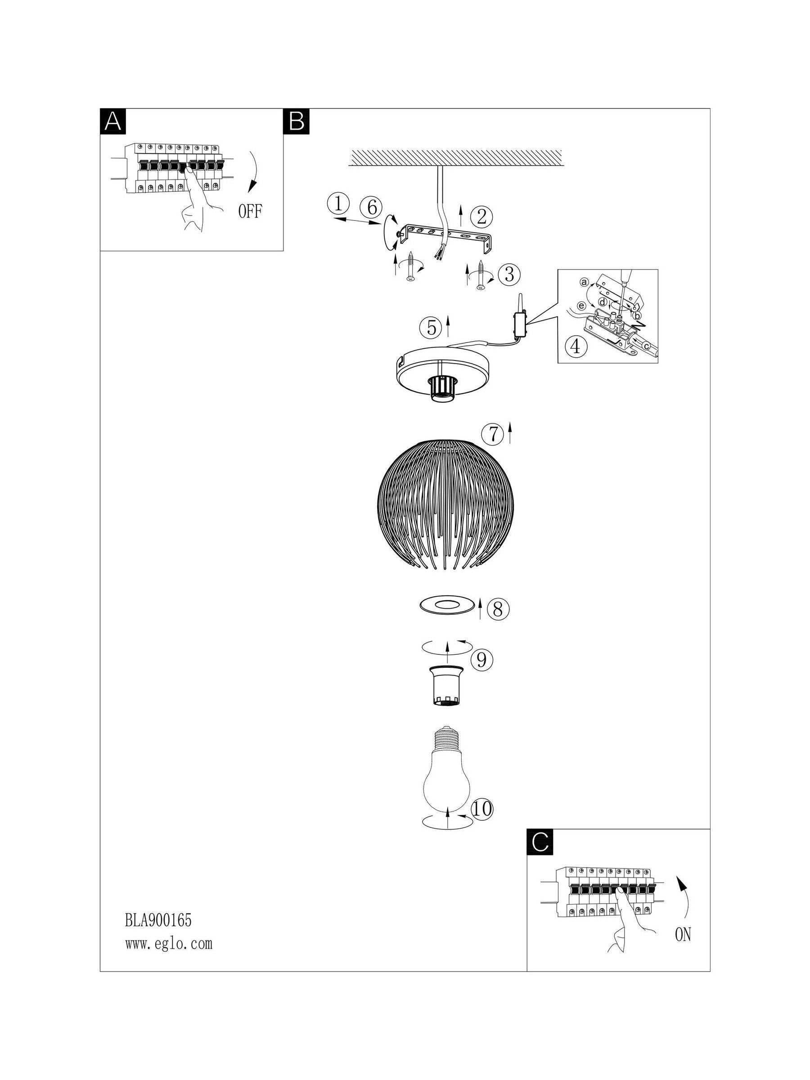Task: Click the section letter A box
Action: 113,121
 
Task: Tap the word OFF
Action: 250,211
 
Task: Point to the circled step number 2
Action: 481,217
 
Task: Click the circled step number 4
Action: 576,346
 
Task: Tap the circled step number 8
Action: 498,609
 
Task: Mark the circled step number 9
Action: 481,660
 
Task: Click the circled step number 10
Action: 482,810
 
